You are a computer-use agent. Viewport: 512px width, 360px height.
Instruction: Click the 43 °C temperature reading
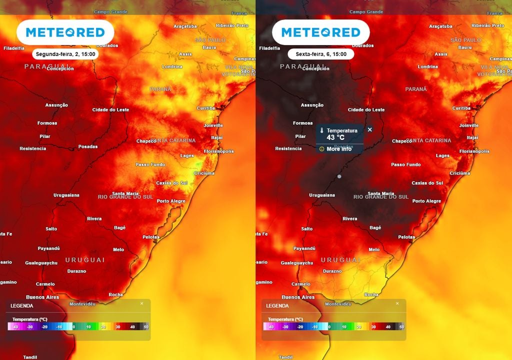(335, 137)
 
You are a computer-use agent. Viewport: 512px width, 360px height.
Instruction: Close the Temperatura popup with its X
(370, 129)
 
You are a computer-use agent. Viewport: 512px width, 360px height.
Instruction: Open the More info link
(339, 149)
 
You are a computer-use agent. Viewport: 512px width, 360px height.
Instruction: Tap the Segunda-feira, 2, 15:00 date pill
(64, 54)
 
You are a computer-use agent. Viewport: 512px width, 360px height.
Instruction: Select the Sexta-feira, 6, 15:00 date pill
(320, 54)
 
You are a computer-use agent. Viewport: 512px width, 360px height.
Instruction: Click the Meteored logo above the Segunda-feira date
(65, 32)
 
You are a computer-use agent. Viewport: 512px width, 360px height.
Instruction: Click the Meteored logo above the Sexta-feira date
(320, 32)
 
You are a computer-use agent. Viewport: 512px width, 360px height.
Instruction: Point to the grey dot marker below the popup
(339, 176)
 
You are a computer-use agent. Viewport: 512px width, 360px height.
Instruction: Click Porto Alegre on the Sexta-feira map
(426, 201)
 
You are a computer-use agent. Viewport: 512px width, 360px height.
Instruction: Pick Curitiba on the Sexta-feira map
(461, 108)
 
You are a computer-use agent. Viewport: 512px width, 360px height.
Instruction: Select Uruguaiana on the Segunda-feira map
(66, 195)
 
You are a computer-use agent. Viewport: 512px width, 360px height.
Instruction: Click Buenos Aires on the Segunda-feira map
(42, 297)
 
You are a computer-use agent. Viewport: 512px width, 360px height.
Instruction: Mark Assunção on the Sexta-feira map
(312, 105)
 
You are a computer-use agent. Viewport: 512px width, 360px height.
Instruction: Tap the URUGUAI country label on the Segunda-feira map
(85, 260)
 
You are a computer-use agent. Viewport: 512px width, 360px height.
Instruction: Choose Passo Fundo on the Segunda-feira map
(150, 164)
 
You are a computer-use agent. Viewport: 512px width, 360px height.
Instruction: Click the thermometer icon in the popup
(322, 130)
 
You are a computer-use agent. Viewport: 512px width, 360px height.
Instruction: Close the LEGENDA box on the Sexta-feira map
(397, 303)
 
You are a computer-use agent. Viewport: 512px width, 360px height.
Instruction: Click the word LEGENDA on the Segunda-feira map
(21, 305)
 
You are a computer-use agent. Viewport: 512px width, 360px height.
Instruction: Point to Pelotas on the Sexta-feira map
(406, 237)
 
